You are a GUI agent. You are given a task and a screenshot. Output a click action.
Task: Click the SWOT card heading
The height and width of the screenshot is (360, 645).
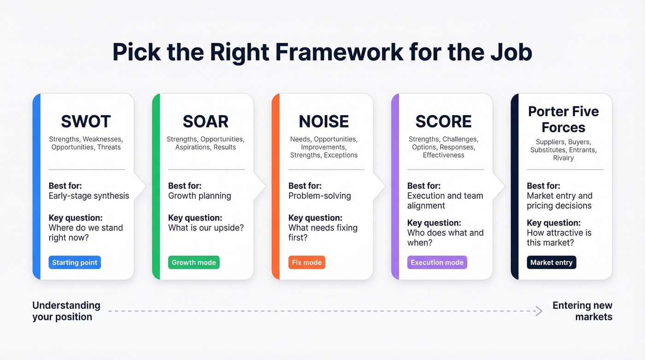point(86,122)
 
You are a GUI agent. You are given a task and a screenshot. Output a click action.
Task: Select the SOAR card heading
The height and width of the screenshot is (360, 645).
point(205,122)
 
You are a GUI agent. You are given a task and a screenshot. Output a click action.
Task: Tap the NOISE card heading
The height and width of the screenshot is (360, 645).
point(324,122)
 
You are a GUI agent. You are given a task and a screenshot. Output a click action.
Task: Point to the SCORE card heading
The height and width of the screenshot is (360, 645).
point(443,122)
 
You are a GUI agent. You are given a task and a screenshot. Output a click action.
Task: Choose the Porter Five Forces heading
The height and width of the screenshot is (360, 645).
point(563,119)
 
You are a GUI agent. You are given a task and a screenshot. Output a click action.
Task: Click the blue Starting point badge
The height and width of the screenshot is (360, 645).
point(75,263)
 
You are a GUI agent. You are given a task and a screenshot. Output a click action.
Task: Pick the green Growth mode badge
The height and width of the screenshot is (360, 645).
point(193,263)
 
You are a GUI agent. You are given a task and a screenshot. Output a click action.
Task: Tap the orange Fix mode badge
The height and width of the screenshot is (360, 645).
point(307,263)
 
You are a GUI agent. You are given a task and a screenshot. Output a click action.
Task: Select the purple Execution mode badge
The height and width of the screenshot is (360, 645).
point(437,263)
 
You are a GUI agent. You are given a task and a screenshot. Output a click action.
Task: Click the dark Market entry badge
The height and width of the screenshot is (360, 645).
point(551,263)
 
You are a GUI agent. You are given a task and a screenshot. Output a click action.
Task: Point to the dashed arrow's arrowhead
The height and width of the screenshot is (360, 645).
point(539,311)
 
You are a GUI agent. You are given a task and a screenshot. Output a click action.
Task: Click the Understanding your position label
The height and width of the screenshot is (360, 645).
point(66,311)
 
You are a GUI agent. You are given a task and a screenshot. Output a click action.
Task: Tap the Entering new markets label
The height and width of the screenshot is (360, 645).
point(582,311)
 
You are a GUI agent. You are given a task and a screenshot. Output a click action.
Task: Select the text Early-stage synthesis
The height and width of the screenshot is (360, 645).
point(89,196)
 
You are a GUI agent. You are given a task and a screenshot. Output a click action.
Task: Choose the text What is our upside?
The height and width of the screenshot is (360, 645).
point(206,228)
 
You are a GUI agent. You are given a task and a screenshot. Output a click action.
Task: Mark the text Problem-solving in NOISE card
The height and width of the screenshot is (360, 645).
point(319,196)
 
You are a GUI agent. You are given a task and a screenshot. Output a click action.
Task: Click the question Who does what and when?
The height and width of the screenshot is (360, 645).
point(445,238)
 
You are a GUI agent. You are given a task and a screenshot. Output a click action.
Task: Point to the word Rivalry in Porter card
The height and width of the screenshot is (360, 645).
point(563,158)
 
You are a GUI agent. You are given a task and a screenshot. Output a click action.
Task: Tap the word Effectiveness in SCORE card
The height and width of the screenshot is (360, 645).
point(443,155)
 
